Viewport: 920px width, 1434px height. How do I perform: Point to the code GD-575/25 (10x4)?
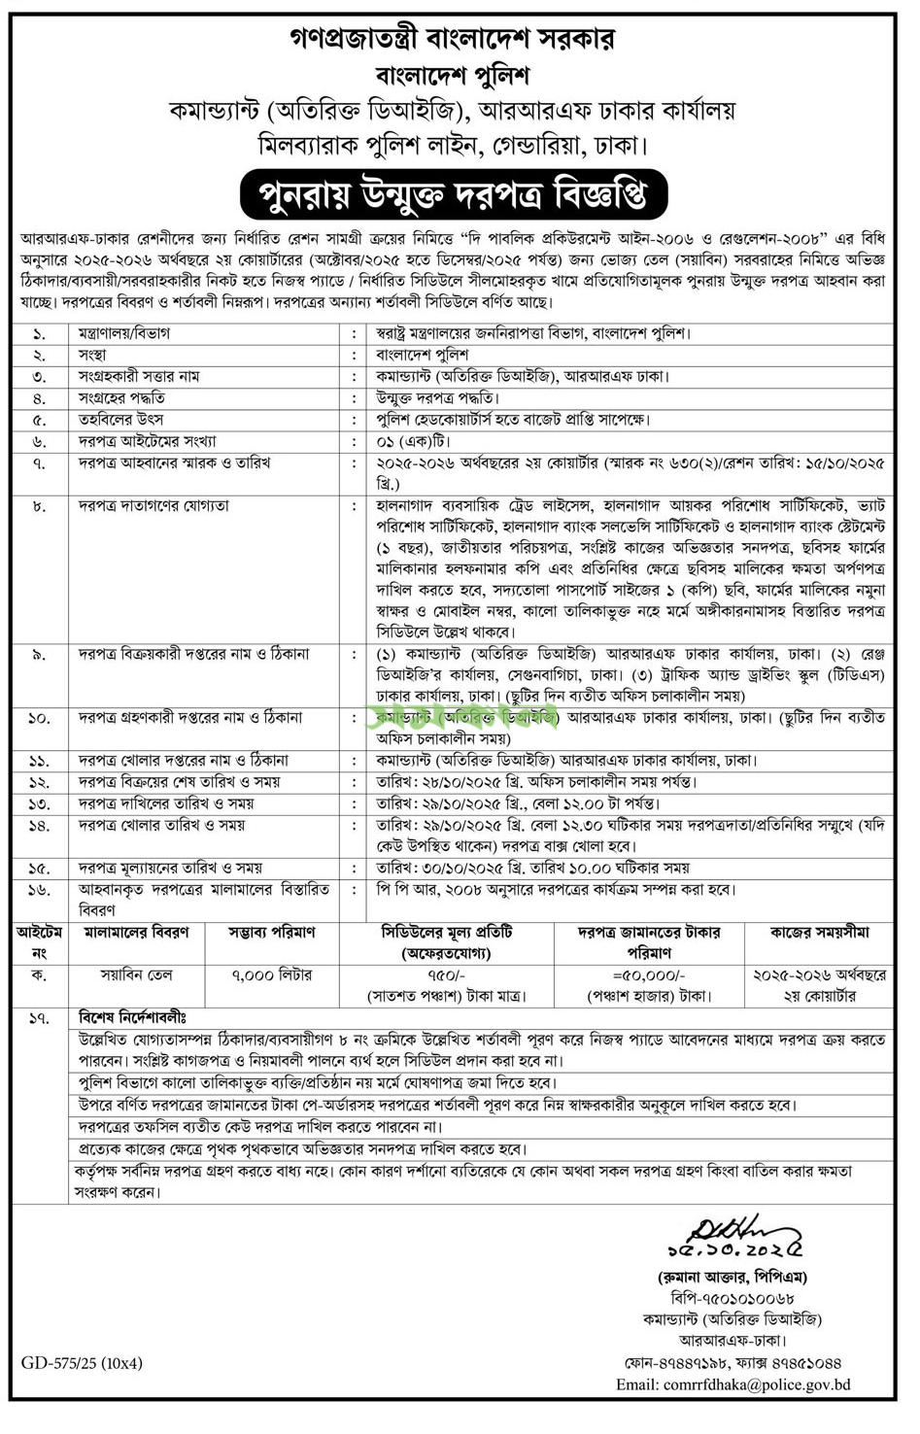[x=82, y=1363]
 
